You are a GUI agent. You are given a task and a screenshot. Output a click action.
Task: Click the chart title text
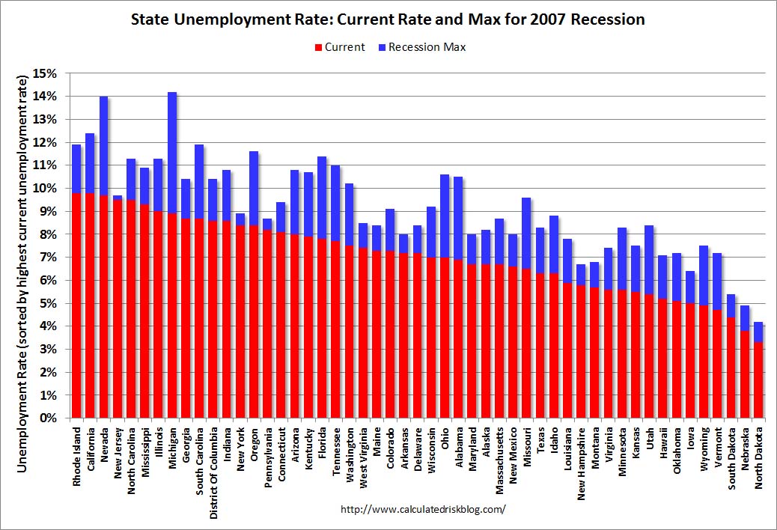coord(388,20)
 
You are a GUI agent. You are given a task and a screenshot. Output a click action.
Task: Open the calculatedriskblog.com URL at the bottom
coord(423,509)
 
